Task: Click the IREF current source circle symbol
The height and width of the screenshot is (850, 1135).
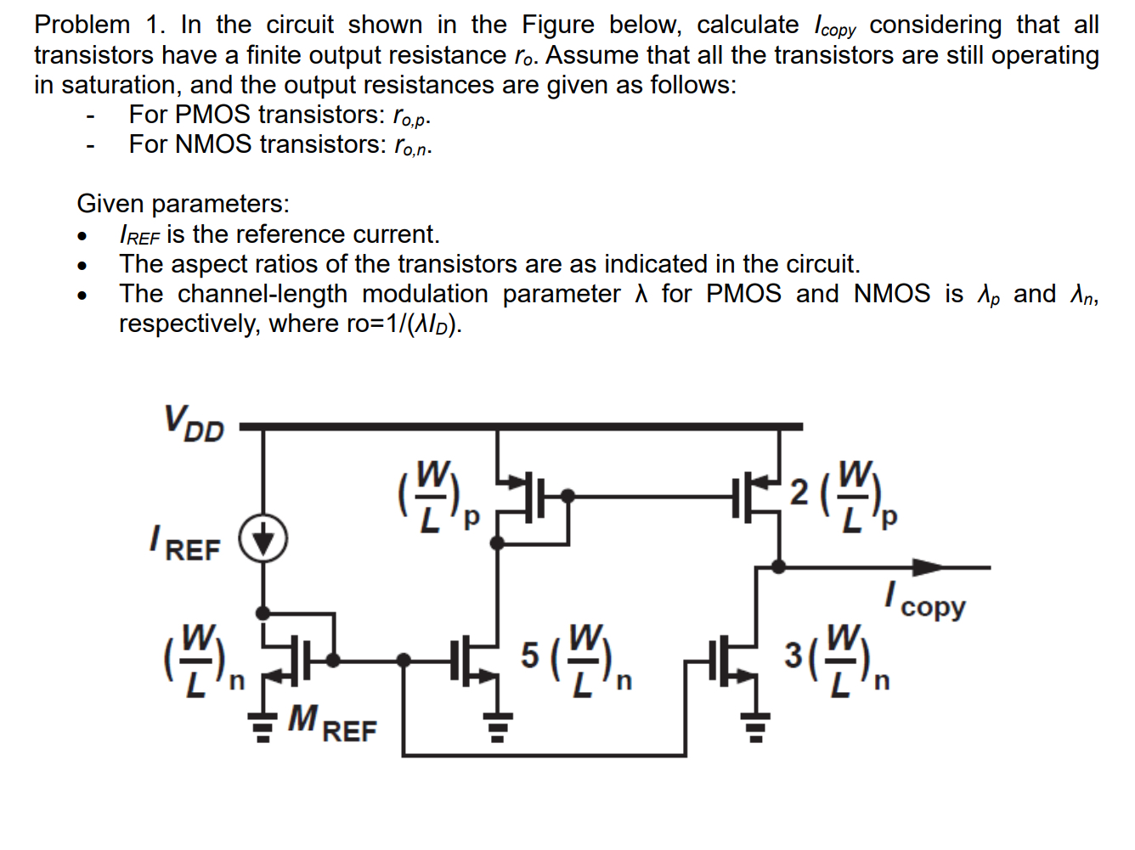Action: pos(263,539)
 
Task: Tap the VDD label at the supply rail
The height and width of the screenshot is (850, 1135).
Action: pos(194,423)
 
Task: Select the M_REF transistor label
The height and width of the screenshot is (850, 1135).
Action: pos(331,723)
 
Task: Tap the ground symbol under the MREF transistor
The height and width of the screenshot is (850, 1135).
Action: pos(263,728)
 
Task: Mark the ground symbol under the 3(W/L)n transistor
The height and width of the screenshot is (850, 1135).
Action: pos(755,728)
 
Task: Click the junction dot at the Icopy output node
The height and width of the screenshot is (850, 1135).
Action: pos(777,566)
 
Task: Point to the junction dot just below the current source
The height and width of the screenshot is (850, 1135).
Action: pos(263,612)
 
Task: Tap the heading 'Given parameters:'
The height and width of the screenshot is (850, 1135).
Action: pos(183,204)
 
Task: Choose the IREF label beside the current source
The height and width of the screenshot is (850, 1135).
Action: pos(185,544)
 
